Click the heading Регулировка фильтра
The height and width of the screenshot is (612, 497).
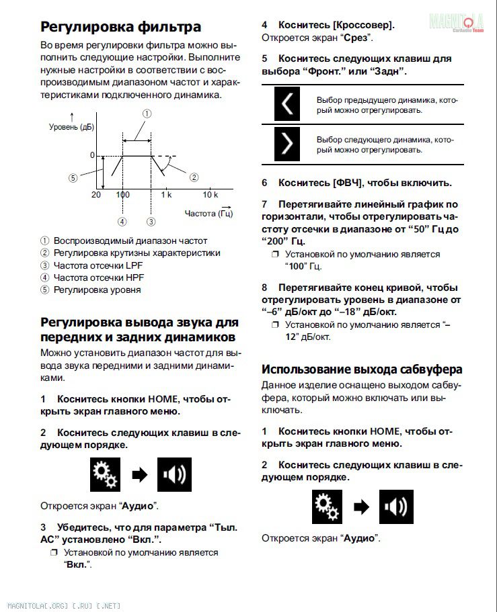(120, 27)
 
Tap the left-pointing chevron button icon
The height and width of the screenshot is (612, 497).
(287, 104)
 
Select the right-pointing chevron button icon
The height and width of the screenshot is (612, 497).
(287, 144)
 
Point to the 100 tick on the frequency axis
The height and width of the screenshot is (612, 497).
(122, 195)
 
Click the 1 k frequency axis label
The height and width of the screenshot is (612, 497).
(165, 195)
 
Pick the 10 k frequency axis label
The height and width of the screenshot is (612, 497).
(211, 195)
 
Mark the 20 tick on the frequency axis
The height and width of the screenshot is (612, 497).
(96, 195)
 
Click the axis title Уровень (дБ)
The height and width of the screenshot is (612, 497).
(71, 127)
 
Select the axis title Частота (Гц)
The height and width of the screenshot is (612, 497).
(208, 214)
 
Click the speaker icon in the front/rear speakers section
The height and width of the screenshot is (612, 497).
(174, 474)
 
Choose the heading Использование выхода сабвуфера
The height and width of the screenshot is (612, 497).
(361, 369)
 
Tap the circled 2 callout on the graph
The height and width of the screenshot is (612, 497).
(194, 177)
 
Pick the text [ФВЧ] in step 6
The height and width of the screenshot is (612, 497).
(348, 183)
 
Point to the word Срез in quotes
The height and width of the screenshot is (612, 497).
(356, 38)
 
